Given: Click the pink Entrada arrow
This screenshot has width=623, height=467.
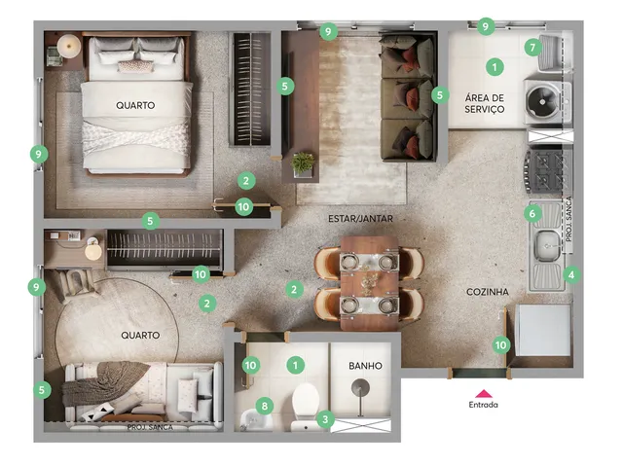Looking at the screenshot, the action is coord(484,393).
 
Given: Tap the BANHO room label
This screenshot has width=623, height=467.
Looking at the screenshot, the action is coord(365,366).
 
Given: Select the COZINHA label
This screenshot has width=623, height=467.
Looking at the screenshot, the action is coord(487,292).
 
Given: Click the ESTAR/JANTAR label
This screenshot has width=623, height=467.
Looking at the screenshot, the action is coord(360,218).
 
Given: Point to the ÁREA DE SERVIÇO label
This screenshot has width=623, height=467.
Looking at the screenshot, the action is coord(485,103).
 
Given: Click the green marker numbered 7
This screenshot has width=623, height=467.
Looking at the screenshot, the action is coord(532,48).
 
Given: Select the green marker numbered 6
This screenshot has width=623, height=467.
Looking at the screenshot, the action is coord(532,214).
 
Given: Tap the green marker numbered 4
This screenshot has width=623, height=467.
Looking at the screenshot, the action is coord(571,274).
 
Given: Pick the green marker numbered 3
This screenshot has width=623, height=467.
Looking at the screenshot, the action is coord(325,419).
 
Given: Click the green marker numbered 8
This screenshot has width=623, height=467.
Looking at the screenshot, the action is coord(265,406).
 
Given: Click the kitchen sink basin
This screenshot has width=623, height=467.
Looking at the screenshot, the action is coord(548,246).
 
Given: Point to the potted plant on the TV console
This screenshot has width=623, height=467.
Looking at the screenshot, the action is coord(303,163).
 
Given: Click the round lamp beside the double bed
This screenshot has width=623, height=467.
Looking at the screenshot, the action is coord(69,46).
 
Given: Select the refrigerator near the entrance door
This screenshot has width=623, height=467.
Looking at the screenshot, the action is coord(543,331).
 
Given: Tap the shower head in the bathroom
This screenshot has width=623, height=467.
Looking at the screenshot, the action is coord(360,387).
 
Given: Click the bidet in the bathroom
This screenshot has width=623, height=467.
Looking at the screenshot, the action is coord(256,420).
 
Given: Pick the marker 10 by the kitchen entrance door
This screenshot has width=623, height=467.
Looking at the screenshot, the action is coord(501,345).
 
